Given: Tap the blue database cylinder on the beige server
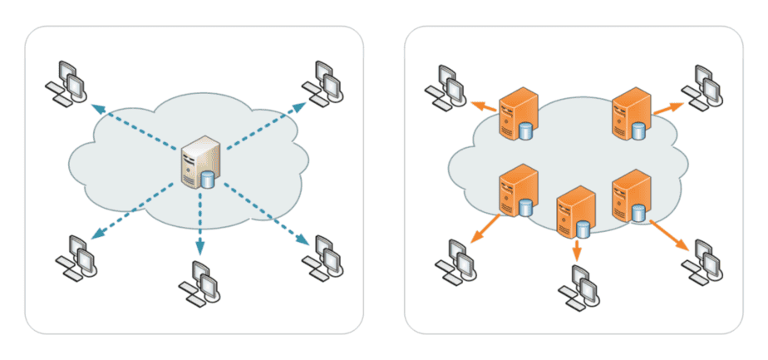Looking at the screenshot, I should (x=208, y=180).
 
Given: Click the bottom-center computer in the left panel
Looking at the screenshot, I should (x=199, y=283).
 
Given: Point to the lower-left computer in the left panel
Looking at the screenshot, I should (x=76, y=258).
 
